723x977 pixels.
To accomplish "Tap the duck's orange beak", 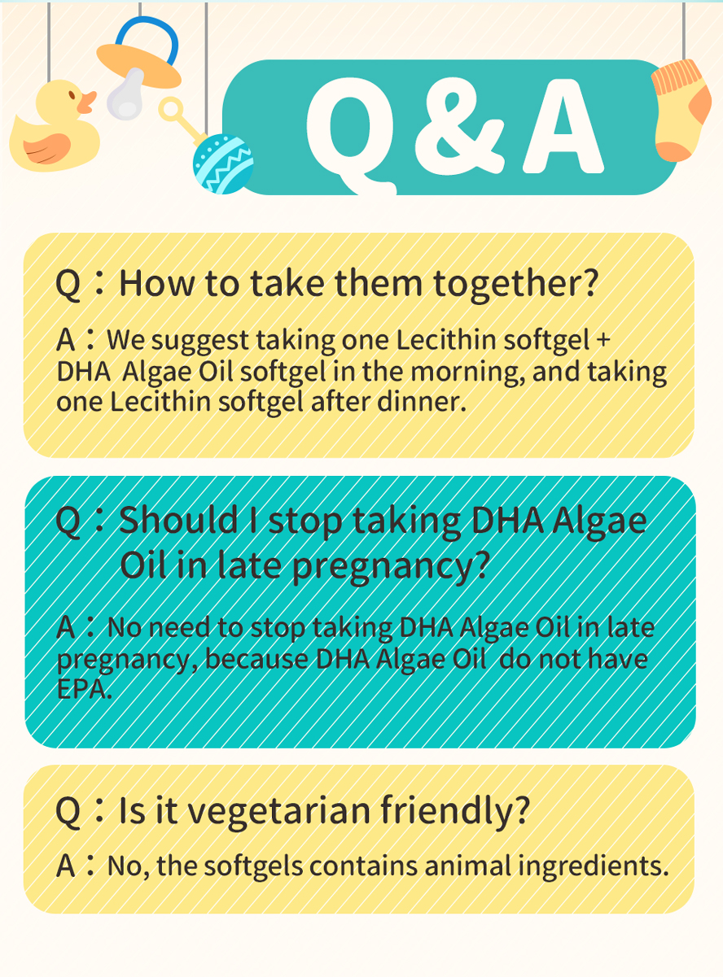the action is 87,102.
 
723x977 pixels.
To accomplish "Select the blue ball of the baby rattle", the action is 223,164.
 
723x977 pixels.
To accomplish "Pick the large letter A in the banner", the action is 563,126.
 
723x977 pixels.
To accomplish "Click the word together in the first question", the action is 516,284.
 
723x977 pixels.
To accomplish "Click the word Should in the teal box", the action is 178,520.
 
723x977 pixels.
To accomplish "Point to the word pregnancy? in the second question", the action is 391,567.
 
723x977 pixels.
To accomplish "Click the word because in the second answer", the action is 256,660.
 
